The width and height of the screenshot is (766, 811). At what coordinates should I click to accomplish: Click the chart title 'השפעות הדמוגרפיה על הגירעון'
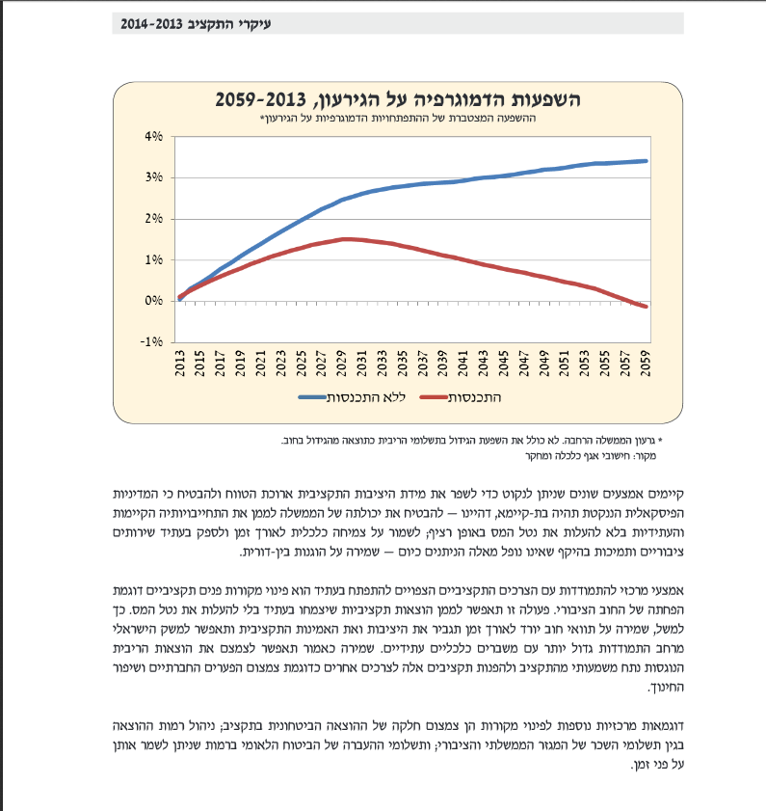point(398,99)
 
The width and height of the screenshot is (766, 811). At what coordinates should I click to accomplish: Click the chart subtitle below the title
point(398,118)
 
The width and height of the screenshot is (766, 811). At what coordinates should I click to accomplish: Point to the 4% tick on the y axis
point(153,137)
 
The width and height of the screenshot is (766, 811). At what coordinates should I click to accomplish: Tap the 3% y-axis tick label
point(153,177)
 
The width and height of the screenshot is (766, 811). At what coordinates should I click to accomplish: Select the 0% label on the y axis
point(153,301)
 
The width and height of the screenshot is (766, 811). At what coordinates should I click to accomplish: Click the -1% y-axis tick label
point(151,342)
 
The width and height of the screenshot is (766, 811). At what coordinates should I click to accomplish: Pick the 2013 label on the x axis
point(180,364)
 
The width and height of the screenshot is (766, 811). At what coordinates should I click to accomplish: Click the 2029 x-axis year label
point(342,364)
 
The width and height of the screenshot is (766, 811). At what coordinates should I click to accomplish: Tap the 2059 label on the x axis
point(645,364)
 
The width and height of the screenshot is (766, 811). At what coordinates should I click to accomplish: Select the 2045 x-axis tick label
point(503,364)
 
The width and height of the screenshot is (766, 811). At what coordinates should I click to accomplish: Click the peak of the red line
point(347,239)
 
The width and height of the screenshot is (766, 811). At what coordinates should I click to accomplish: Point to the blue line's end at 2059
point(647,161)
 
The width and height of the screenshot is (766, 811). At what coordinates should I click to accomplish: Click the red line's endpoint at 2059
point(647,307)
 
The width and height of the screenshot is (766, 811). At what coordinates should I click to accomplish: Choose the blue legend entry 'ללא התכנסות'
point(352,397)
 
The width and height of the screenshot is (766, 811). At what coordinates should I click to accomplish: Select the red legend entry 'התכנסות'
point(460,397)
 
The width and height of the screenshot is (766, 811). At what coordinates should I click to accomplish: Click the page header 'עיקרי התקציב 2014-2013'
point(196,24)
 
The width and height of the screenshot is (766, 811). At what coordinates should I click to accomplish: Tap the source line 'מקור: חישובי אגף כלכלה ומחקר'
point(591,456)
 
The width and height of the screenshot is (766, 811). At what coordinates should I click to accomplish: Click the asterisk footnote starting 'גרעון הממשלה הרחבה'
point(472,441)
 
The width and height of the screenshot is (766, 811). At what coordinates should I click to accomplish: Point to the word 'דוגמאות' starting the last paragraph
point(663,726)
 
